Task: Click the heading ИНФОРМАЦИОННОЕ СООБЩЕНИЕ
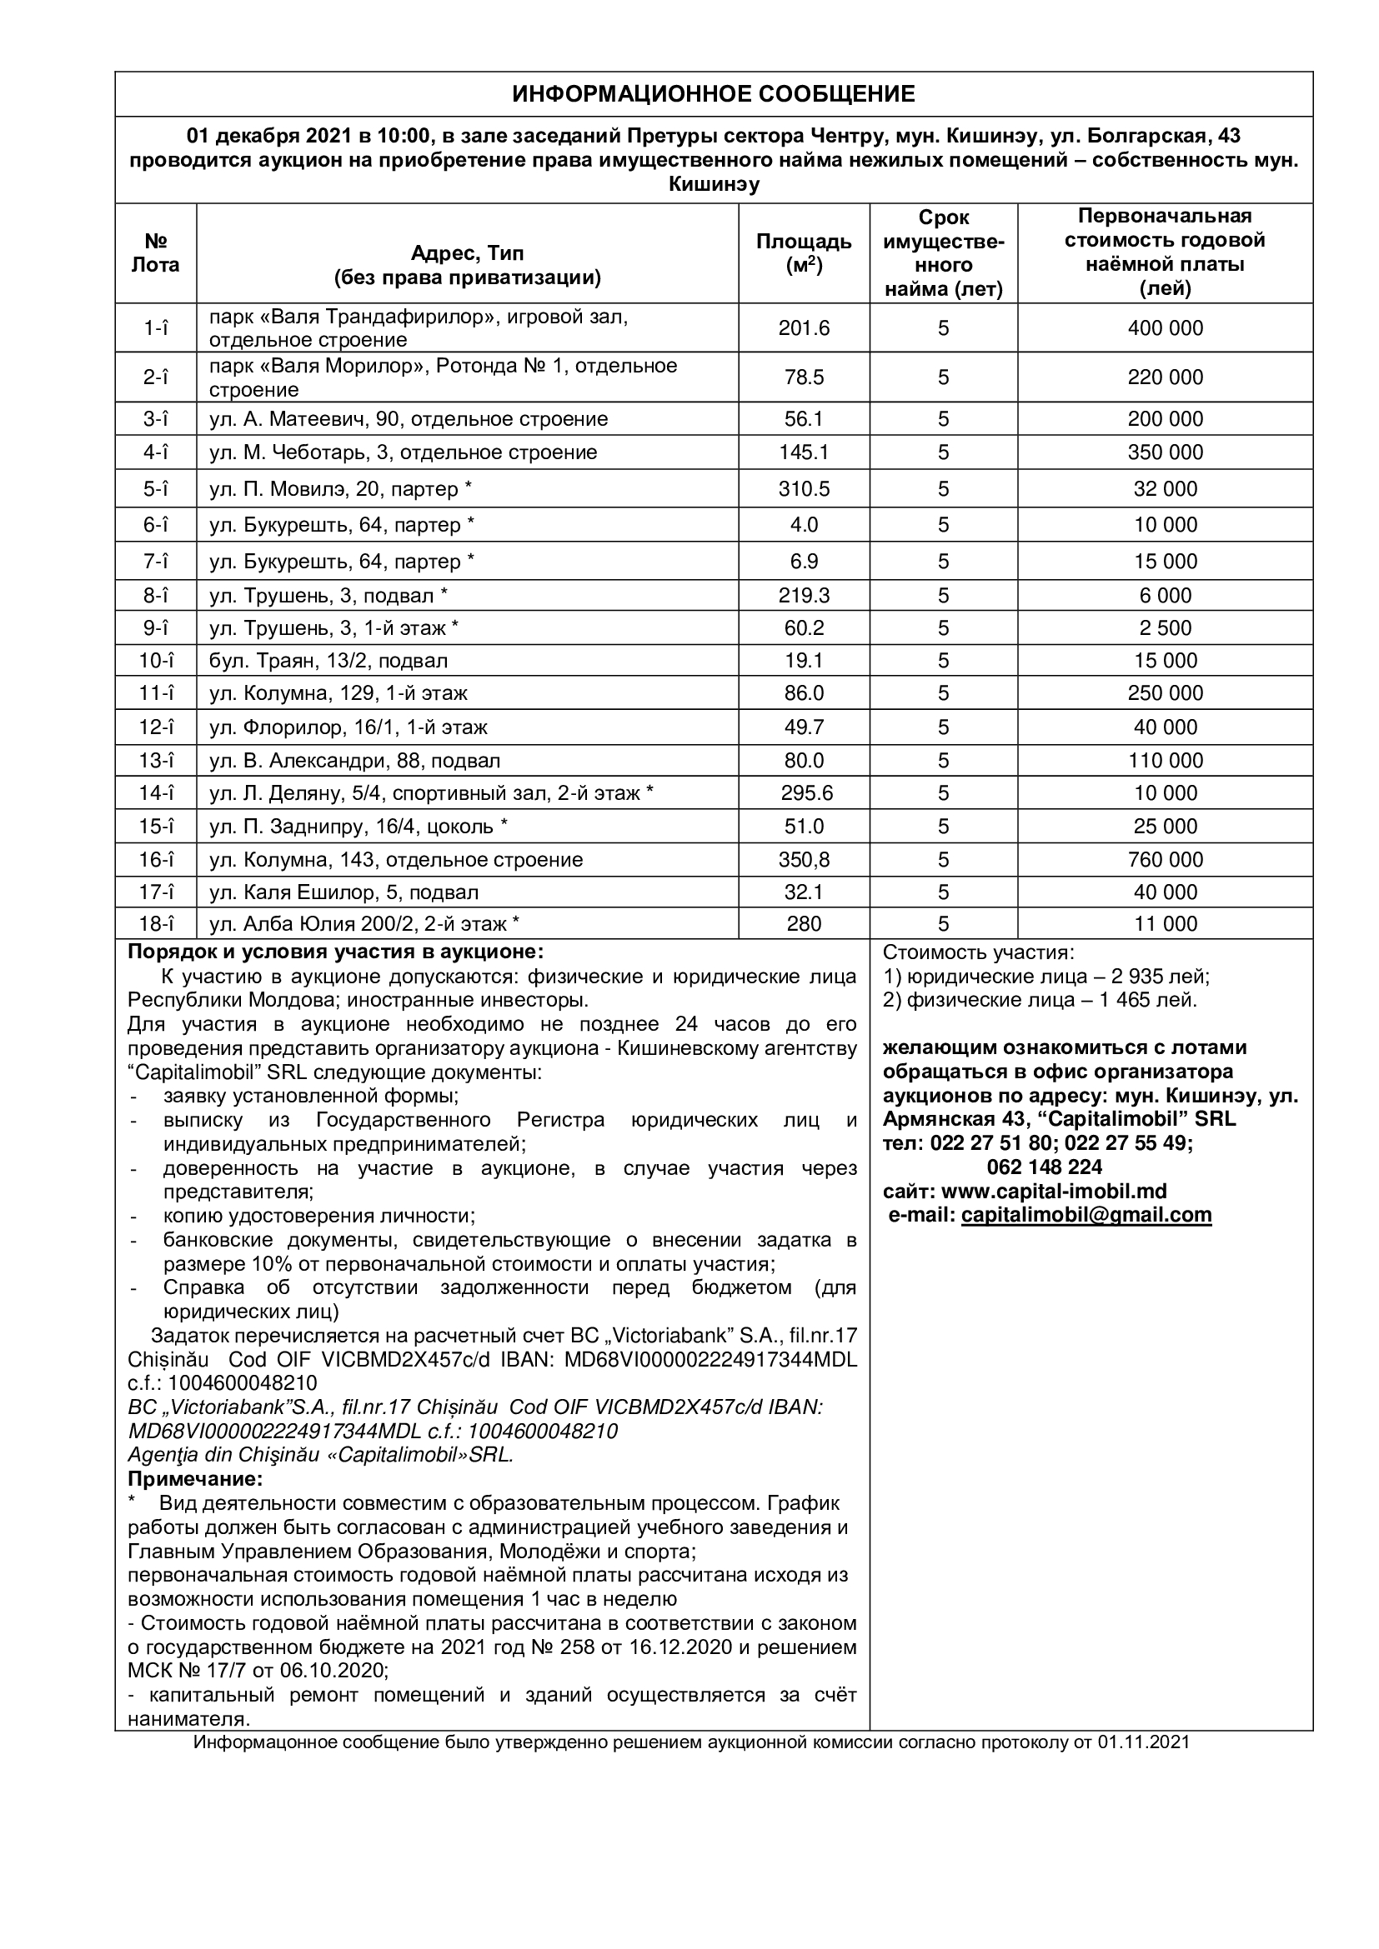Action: (714, 93)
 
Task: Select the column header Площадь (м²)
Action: (803, 253)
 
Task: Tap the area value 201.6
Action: (803, 328)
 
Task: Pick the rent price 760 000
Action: (1165, 860)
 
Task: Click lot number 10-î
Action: (156, 661)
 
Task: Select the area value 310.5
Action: (803, 489)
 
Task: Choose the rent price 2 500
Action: (1165, 628)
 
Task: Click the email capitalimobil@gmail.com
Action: (1086, 1215)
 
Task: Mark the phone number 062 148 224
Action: (1045, 1167)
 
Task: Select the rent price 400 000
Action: (1165, 328)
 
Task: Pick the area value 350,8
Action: (803, 860)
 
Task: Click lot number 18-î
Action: (156, 923)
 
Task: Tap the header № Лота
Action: (155, 253)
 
